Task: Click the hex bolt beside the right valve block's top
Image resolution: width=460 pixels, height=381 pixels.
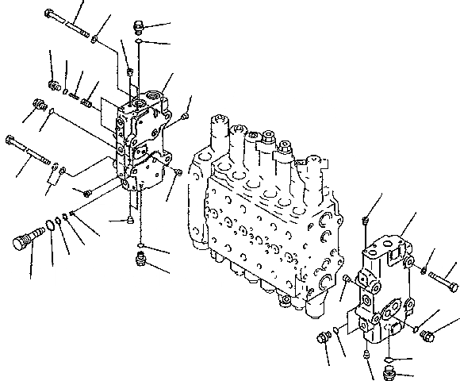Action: click(x=443, y=279)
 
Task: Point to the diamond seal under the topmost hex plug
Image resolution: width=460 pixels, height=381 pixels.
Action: click(x=138, y=43)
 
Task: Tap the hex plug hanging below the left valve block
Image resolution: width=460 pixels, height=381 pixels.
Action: click(x=140, y=256)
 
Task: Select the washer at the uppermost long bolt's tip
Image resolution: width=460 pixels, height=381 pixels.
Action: click(x=95, y=37)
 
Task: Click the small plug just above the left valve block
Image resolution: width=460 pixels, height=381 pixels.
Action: click(x=129, y=73)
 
